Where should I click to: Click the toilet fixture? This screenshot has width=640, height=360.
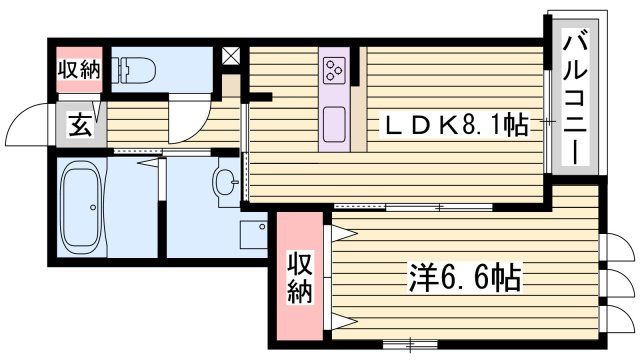pyautogui.click(x=135, y=69)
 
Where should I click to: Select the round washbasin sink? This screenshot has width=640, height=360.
pyautogui.click(x=226, y=182)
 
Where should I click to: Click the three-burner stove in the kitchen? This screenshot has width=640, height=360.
pyautogui.click(x=334, y=69)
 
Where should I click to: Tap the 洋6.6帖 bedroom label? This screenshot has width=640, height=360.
pyautogui.click(x=462, y=277)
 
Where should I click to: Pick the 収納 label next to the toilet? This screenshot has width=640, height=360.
pyautogui.click(x=76, y=70)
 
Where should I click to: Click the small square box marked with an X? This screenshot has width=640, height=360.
pyautogui.click(x=231, y=55)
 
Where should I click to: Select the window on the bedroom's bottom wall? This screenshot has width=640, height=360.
pyautogui.click(x=409, y=344)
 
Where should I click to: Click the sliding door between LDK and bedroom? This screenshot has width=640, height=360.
pyautogui.click(x=440, y=208)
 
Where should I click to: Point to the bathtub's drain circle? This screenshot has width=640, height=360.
pyautogui.click(x=92, y=209)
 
